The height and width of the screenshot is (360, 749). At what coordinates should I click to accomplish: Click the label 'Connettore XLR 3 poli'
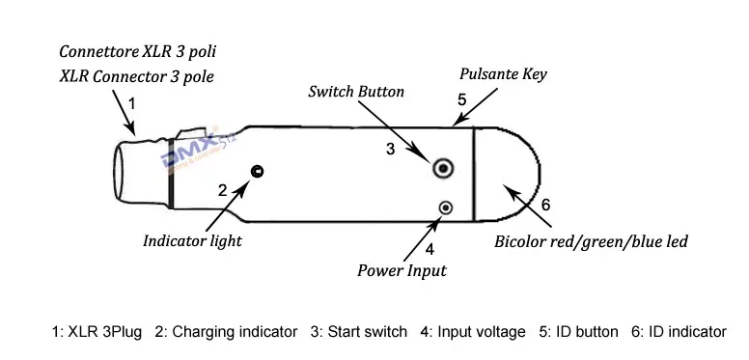point(138,51)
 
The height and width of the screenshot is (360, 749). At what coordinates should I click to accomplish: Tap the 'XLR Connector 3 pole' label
point(137,76)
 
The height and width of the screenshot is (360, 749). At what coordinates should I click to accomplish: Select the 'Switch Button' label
point(356,91)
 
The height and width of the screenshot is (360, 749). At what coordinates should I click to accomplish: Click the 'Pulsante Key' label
point(503,74)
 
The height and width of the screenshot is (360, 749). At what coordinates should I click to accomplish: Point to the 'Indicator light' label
point(192,240)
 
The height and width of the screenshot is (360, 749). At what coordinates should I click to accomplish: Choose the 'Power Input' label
point(402,270)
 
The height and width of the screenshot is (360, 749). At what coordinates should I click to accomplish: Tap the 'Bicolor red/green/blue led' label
point(591,241)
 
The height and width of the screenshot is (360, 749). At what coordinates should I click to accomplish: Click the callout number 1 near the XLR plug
point(132,103)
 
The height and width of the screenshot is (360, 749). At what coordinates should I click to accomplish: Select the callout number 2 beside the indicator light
point(223,190)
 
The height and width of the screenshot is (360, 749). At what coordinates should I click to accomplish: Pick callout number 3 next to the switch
point(391,149)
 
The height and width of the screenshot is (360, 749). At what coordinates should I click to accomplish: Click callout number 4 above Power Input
point(430,249)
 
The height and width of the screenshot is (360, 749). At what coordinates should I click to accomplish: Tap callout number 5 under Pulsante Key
point(461,99)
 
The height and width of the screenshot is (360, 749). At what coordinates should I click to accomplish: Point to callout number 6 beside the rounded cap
point(545,205)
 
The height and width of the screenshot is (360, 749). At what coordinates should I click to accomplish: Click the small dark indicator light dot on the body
point(257,171)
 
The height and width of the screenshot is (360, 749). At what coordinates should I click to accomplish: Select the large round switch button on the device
point(443,168)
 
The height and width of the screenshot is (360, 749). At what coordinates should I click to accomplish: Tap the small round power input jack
point(446,208)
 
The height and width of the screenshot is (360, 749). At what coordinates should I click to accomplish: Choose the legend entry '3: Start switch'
point(359,331)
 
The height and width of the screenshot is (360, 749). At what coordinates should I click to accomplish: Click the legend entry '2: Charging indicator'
point(226,332)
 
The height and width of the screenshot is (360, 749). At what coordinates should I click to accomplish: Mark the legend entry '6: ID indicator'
point(679,331)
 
